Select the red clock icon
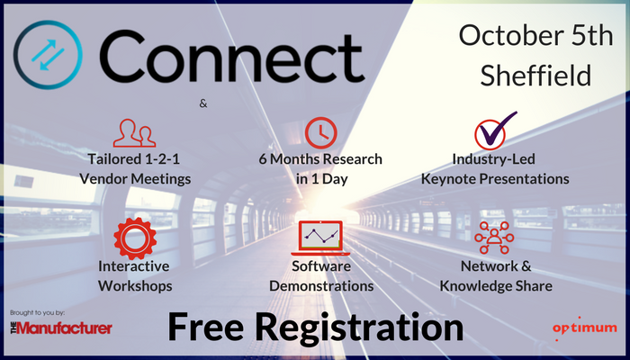(319, 131)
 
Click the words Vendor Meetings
(135, 179)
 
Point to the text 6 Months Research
(319, 159)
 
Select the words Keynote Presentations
(494, 179)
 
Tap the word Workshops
(135, 286)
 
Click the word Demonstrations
(319, 286)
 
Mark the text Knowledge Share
(494, 286)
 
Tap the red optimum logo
(584, 327)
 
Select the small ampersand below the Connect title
(203, 103)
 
